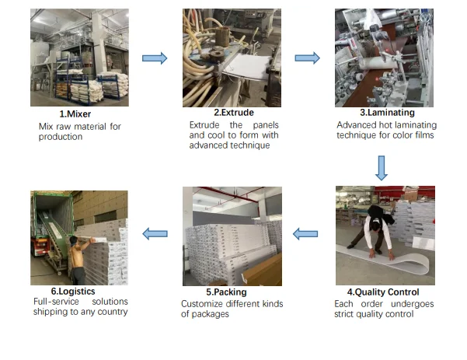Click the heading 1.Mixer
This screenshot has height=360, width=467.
[x=75, y=114]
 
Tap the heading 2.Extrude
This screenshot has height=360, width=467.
[x=234, y=112]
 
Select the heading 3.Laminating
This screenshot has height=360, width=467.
[x=387, y=112]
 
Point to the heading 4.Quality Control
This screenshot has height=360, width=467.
[x=383, y=292]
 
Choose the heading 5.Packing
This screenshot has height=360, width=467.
[x=226, y=292]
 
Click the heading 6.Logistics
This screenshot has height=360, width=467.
[x=73, y=291]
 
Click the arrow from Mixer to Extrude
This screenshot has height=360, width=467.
[x=155, y=58]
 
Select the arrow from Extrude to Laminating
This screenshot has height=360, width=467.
[x=308, y=58]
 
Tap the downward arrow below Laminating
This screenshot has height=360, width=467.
[x=382, y=168]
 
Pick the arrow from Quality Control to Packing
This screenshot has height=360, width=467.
[x=305, y=234]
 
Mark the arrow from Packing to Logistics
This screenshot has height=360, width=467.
[x=155, y=234]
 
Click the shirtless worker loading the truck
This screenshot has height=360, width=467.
[x=80, y=259]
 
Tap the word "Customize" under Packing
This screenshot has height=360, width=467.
[x=205, y=304]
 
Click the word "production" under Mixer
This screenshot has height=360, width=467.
[x=61, y=137]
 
